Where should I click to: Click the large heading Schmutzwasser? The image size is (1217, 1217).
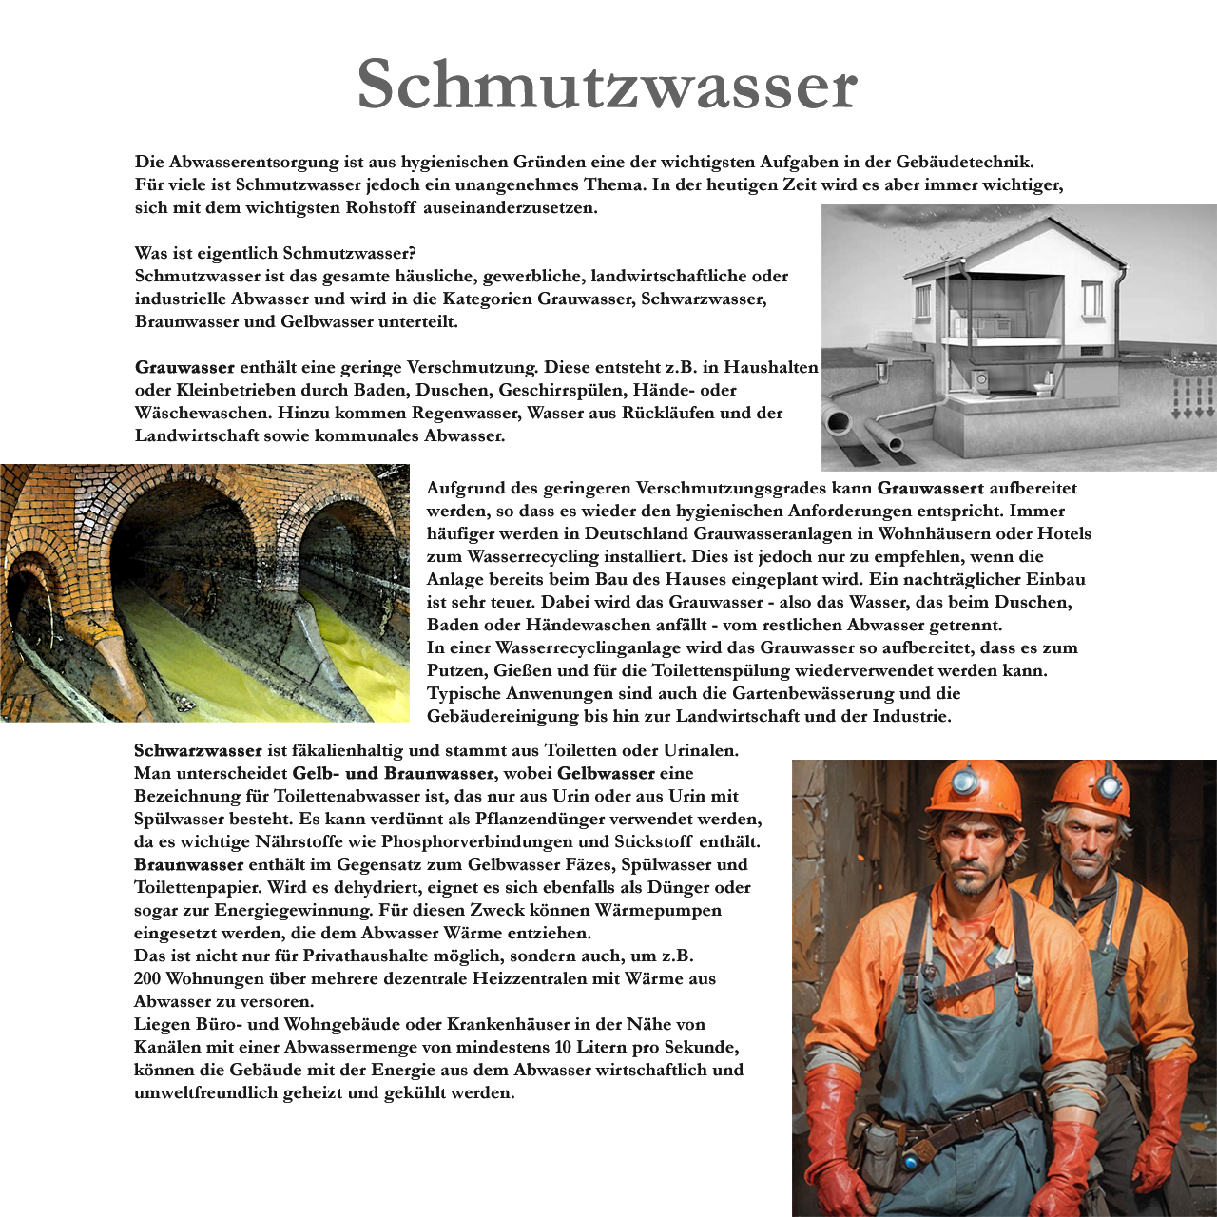608,85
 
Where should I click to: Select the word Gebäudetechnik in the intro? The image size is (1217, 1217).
964,162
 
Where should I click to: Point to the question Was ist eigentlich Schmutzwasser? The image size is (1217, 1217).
276,253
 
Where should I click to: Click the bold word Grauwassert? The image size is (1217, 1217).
930,488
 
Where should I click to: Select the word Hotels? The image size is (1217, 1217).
1064,533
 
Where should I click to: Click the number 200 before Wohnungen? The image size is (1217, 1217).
147,978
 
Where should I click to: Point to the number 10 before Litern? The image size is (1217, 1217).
562,1047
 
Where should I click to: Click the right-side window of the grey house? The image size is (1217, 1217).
1091,299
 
